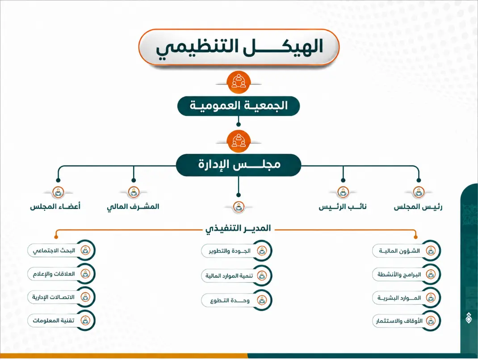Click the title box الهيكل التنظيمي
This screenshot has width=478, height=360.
(239, 47)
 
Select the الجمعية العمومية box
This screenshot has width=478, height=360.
(239, 106)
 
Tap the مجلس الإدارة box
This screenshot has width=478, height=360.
(239, 165)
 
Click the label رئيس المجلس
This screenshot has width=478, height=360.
(418, 207)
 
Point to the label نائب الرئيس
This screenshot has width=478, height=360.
(343, 207)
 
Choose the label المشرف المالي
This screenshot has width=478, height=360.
(133, 207)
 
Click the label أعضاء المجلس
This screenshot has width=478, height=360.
(55, 207)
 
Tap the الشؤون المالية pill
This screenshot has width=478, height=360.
(407, 251)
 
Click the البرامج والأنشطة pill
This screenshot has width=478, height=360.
(407, 274)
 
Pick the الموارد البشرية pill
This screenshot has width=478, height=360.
(407, 298)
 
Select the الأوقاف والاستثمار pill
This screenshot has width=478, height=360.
(407, 321)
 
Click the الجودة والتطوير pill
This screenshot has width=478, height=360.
(237, 251)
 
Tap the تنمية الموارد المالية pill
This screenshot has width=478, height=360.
(237, 276)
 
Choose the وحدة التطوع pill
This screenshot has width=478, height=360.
(237, 301)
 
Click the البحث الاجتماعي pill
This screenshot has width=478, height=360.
(61, 251)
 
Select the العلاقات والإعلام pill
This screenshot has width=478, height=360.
(61, 274)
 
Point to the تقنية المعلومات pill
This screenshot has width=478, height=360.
(61, 320)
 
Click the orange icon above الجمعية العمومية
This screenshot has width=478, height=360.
(239, 82)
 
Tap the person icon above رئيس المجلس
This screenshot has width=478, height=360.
(419, 193)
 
